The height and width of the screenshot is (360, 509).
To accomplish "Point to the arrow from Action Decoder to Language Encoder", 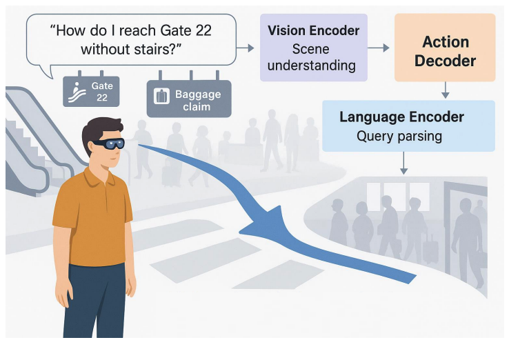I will click(445, 90).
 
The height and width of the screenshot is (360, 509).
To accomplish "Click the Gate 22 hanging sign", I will click(91, 91).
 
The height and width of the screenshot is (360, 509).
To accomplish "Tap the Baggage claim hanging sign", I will click(188, 97).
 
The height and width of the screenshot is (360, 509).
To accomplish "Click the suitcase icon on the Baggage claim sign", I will click(161, 97).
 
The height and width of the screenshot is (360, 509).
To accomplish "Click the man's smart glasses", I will click(110, 144).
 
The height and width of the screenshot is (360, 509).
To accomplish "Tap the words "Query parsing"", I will click(399, 136).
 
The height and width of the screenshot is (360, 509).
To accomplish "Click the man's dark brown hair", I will click(97, 129).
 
